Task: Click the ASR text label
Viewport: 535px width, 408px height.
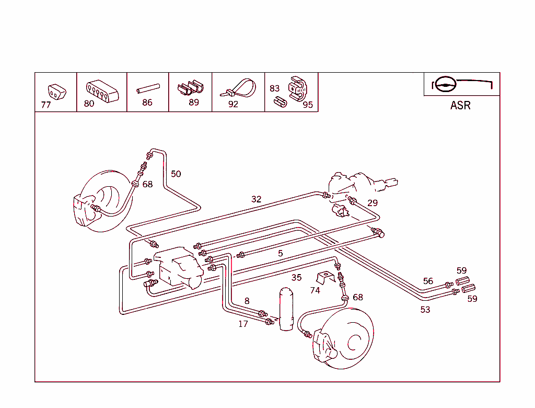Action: click(x=460, y=105)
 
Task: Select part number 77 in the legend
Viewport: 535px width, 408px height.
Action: click(x=46, y=105)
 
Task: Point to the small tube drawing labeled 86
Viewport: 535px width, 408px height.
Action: click(x=147, y=90)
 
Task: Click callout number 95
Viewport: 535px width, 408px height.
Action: click(x=308, y=105)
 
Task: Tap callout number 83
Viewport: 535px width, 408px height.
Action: click(x=275, y=88)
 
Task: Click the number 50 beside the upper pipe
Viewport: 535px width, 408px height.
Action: click(x=176, y=174)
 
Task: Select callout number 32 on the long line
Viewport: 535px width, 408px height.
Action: click(x=256, y=199)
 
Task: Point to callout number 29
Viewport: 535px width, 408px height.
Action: click(x=372, y=203)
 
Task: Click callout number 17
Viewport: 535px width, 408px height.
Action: click(x=243, y=324)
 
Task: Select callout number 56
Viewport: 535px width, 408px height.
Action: click(x=428, y=281)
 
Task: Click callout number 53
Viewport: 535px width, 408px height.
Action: click(x=425, y=310)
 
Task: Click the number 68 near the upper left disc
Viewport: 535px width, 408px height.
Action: click(x=148, y=184)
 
